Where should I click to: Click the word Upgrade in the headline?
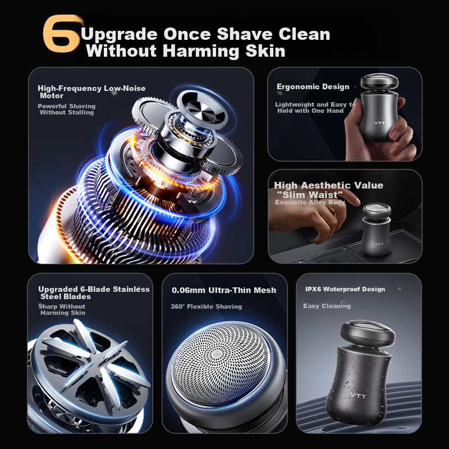click(119, 34)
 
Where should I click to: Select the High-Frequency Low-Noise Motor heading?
click(91, 91)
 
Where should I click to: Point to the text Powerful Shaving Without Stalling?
click(67, 109)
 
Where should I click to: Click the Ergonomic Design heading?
click(313, 86)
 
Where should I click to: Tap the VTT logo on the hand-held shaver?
click(380, 123)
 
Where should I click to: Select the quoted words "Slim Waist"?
click(310, 195)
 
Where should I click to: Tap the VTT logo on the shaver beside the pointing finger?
click(379, 244)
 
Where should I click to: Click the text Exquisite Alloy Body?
click(310, 202)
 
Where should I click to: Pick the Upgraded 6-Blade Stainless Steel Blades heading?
click(94, 292)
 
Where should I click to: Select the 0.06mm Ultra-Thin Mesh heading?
click(224, 290)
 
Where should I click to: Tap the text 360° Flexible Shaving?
click(206, 306)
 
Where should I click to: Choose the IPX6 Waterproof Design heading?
click(345, 289)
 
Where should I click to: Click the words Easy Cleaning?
click(327, 306)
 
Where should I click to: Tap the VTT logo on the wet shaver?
click(358, 396)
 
